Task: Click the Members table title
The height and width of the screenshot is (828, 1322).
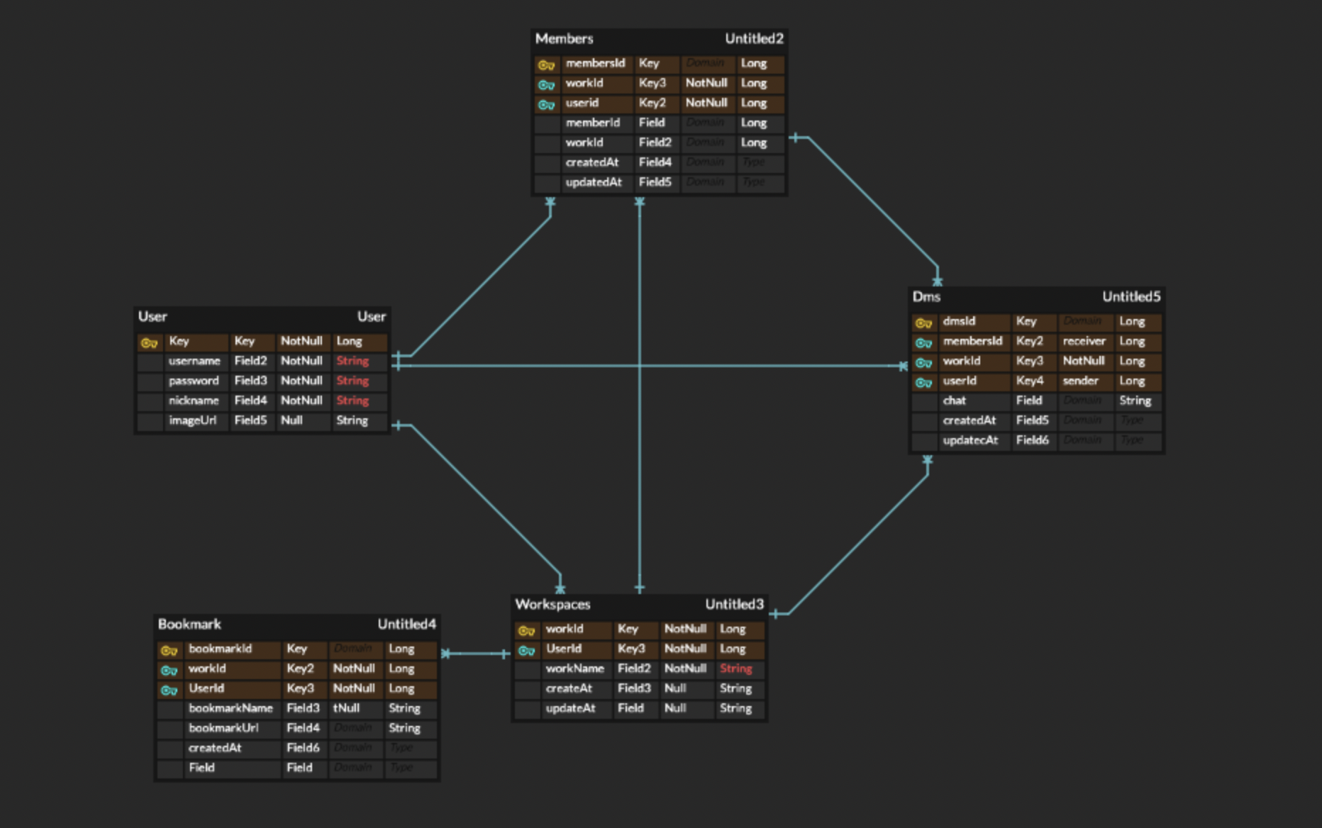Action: (564, 39)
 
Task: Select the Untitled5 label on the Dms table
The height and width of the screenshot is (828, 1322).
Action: (1131, 297)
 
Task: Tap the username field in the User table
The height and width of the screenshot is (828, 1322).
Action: (194, 361)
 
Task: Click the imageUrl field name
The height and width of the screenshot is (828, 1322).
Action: (192, 420)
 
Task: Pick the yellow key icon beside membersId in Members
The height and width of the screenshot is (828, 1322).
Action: (545, 65)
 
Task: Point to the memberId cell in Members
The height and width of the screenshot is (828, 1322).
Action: (592, 123)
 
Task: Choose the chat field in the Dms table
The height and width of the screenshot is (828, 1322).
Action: (954, 401)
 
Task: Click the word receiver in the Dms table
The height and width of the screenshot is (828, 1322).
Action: (1084, 341)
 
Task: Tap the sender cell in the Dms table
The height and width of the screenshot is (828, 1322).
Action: (1080, 381)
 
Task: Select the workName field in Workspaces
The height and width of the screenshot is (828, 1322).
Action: (574, 668)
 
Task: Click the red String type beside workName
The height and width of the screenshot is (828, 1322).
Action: (735, 668)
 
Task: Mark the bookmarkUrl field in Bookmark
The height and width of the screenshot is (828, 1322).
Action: (223, 728)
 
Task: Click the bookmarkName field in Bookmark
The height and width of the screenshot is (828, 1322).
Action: (230, 708)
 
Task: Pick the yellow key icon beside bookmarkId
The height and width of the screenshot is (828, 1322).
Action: (168, 650)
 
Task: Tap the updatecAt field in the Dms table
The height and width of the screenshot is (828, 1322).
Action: (970, 440)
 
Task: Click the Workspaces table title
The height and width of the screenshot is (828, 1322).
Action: (552, 605)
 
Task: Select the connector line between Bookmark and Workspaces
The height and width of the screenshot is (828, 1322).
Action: (475, 653)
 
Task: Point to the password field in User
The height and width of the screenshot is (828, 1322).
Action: (194, 381)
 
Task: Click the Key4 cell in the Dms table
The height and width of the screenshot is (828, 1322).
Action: (1029, 381)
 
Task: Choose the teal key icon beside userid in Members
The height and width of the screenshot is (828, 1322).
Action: (545, 104)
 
